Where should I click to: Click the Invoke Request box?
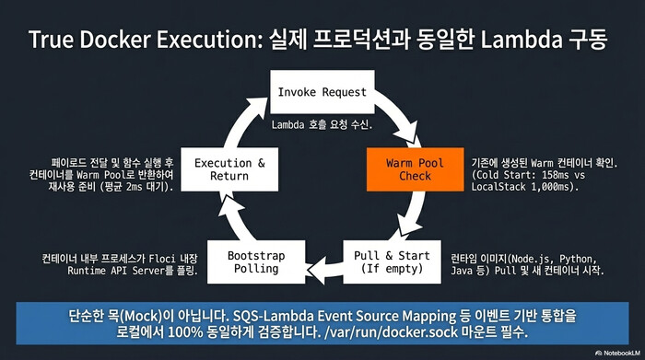(322, 92)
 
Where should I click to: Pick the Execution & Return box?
(222, 169)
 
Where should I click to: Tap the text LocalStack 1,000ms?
(522, 187)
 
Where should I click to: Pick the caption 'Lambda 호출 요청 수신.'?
(321, 123)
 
